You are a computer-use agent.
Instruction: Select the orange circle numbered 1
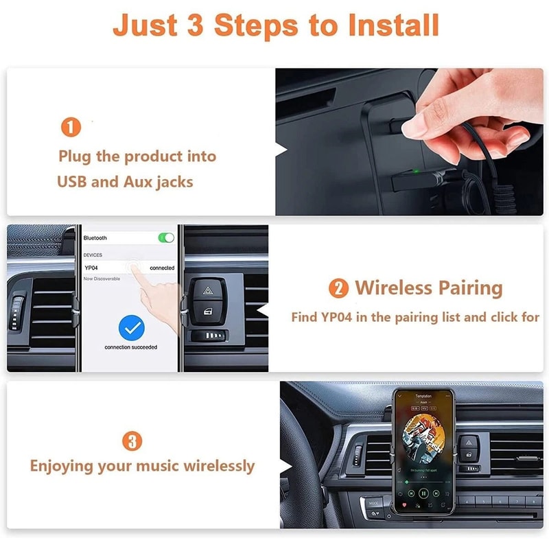pyautogui.click(x=71, y=127)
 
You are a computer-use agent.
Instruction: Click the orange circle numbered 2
pyautogui.click(x=338, y=288)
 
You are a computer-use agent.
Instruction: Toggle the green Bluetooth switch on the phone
pyautogui.click(x=166, y=238)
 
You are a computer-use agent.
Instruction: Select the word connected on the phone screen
pyautogui.click(x=162, y=268)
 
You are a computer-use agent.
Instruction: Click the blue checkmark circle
pyautogui.click(x=130, y=328)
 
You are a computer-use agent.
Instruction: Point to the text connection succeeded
pyautogui.click(x=130, y=347)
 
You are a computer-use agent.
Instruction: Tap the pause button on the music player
pyautogui.click(x=423, y=493)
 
